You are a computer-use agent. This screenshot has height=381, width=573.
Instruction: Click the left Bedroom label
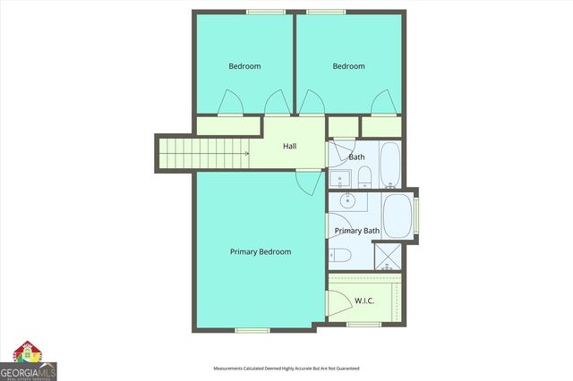(x=244, y=66)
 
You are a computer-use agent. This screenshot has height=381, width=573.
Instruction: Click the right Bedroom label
(x=348, y=66)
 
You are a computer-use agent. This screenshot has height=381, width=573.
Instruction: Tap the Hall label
(x=289, y=146)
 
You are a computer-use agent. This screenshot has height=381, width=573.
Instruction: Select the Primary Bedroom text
(x=261, y=252)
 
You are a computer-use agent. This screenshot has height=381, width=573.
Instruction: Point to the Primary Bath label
(x=357, y=231)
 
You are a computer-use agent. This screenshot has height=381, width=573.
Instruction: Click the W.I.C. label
(x=364, y=300)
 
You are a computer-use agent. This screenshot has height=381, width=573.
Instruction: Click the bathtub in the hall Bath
(x=391, y=162)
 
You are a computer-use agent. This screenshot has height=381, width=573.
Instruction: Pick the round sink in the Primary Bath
(x=344, y=200)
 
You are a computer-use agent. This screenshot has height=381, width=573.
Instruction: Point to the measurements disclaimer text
(x=286, y=368)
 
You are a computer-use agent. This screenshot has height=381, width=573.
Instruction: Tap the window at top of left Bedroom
(x=261, y=12)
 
